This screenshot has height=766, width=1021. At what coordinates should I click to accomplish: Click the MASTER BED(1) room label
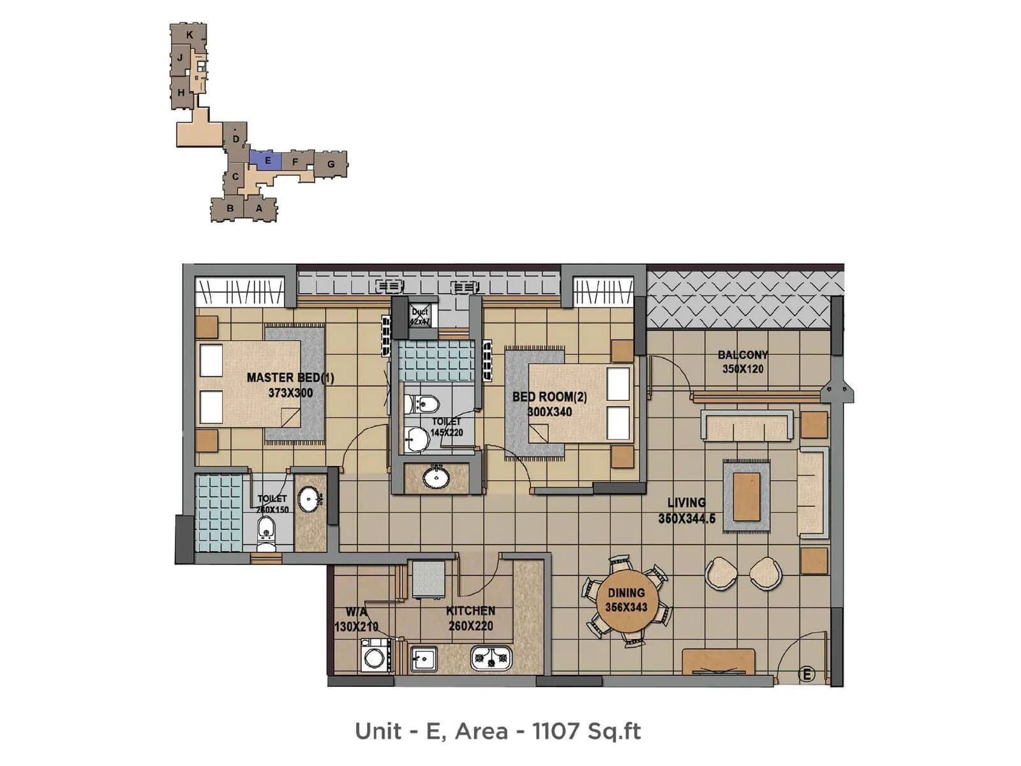click(x=290, y=377)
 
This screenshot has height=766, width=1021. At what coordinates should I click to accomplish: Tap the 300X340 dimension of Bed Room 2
click(x=549, y=412)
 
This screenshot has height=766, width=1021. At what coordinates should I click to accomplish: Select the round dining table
click(x=626, y=601)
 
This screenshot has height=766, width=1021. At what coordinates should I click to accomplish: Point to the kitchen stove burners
click(x=491, y=657)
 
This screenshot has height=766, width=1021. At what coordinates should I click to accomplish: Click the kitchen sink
click(x=424, y=658)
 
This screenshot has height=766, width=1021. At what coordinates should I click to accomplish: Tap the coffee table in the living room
click(x=747, y=497)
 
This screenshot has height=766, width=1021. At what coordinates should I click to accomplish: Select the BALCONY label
click(x=743, y=355)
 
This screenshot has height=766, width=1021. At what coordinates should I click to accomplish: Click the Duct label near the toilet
click(x=420, y=312)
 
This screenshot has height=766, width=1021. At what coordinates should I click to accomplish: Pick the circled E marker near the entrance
click(x=807, y=674)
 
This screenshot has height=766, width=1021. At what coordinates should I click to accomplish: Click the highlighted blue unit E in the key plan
click(x=268, y=160)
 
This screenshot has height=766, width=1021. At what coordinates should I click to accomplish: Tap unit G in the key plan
click(x=331, y=164)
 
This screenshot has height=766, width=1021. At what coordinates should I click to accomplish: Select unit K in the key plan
click(x=190, y=35)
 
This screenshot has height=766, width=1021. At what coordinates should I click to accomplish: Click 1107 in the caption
click(x=555, y=731)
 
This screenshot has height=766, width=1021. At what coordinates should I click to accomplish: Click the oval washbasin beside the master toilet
click(x=309, y=499)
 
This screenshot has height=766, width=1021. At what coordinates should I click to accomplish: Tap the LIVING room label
click(x=687, y=502)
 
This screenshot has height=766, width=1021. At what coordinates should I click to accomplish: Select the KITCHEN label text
click(x=470, y=611)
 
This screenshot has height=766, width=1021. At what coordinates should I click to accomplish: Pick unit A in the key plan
click(x=259, y=208)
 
